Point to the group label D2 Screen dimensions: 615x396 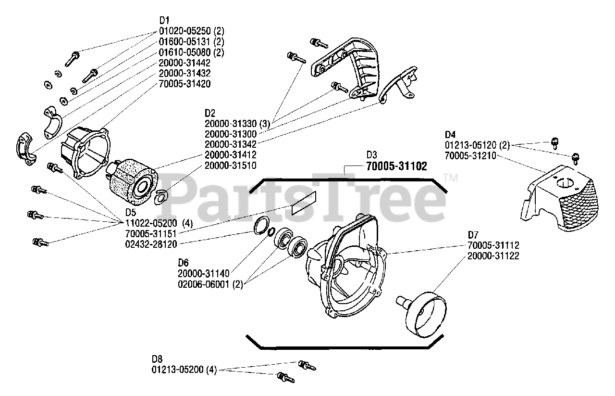[x=209, y=113]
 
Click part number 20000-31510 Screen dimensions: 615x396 [x=230, y=165]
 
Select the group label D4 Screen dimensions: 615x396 [x=450, y=134]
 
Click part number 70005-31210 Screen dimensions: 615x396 [x=470, y=155]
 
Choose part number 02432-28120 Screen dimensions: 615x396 [x=151, y=244]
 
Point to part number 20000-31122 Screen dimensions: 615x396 [x=493, y=256]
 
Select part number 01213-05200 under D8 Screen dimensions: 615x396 [x=178, y=370]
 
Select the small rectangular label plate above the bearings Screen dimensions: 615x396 [x=304, y=203]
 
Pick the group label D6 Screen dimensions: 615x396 [x=183, y=263]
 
